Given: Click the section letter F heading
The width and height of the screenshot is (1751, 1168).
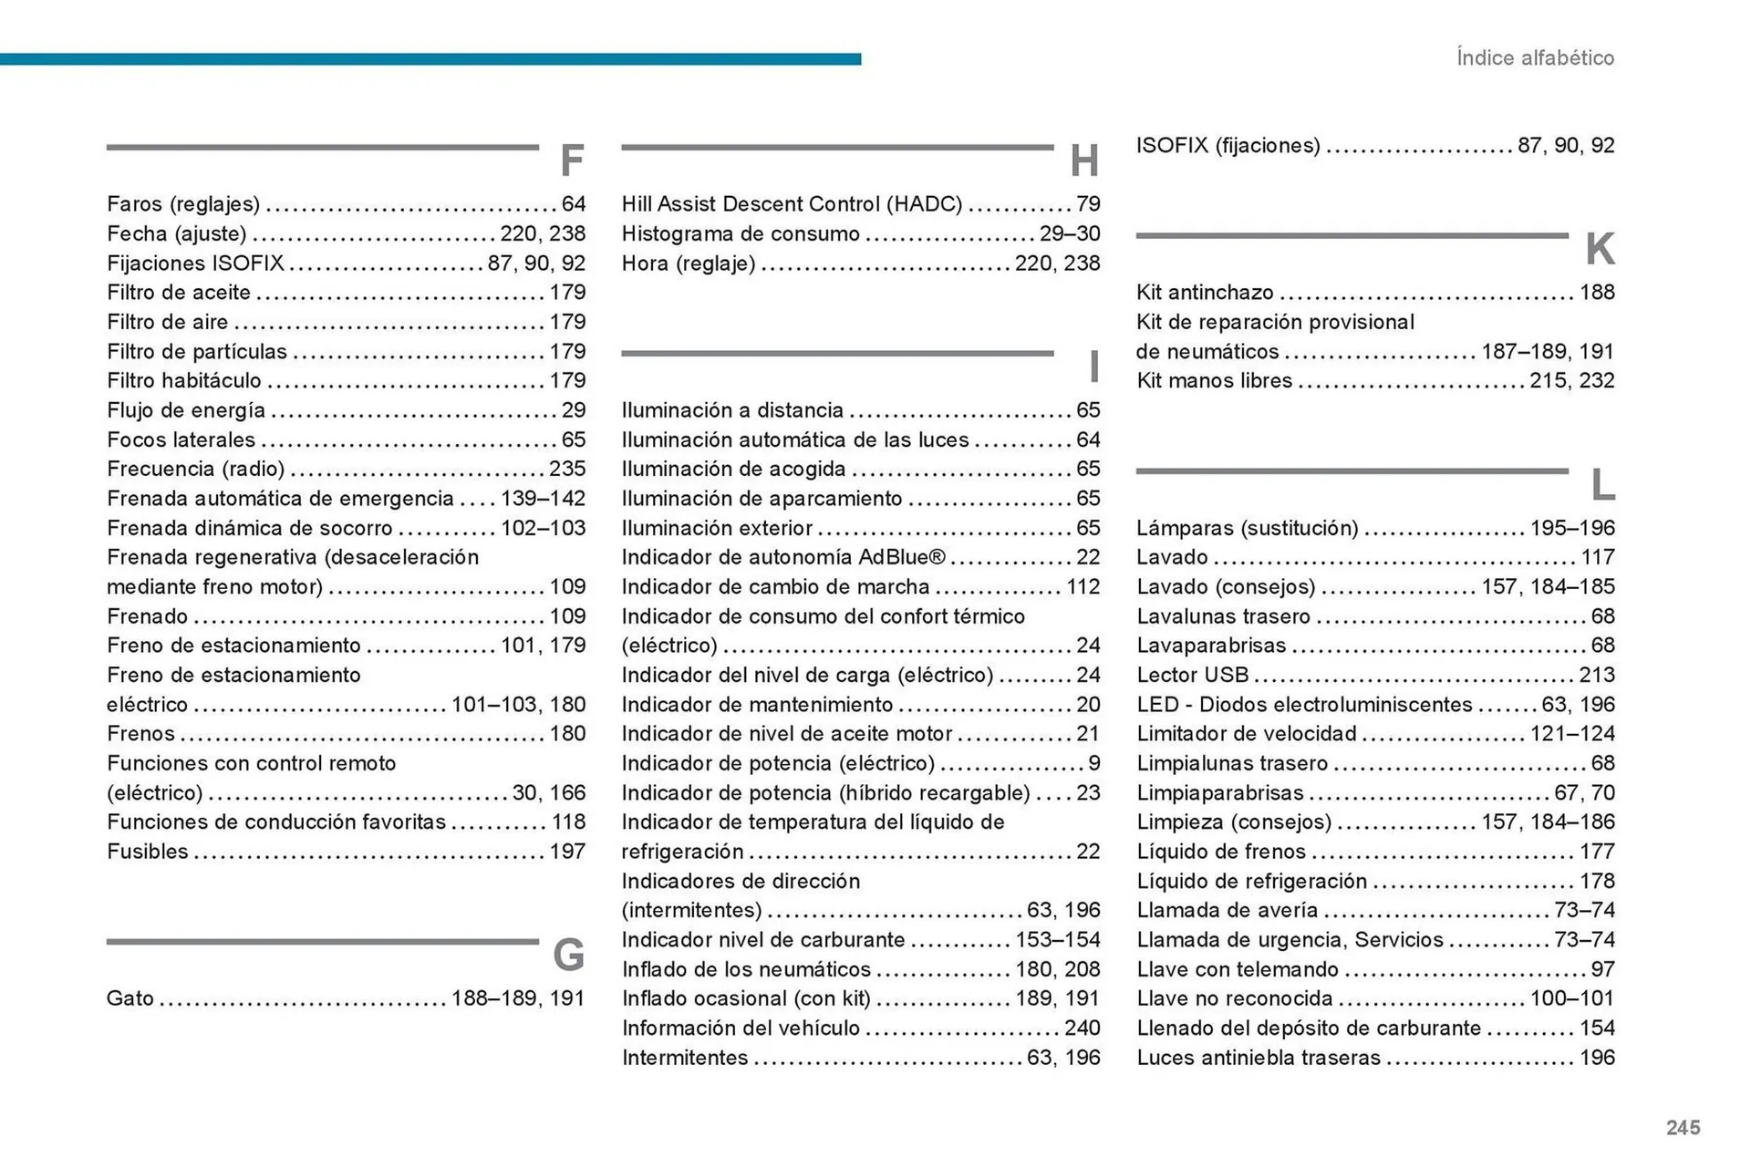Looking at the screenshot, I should [572, 161].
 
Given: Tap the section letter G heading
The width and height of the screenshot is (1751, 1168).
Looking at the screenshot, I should [568, 956].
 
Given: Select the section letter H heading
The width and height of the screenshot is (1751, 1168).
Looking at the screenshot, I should [1084, 161].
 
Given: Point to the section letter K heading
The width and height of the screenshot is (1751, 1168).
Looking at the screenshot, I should [1600, 250].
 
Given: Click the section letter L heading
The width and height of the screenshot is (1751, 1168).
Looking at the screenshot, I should [1602, 485].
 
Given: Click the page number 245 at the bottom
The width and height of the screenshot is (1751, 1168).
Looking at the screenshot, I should [1683, 1128].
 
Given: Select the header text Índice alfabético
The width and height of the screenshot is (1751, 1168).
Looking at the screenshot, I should [1535, 58].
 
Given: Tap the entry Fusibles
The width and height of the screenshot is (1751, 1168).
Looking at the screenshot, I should [148, 852].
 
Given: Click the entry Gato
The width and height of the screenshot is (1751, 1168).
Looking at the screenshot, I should [130, 998].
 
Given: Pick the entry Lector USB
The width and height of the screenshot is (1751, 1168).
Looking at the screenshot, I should [1192, 676].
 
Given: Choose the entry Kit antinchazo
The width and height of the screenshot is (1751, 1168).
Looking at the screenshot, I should [1205, 293].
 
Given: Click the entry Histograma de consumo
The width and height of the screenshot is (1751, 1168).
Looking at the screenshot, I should [741, 234].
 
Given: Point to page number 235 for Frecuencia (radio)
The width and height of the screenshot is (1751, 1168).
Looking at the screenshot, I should [567, 469].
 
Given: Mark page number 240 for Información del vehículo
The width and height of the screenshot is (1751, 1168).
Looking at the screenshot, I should [1083, 1028].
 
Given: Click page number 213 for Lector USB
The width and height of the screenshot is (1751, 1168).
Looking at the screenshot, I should [1597, 676].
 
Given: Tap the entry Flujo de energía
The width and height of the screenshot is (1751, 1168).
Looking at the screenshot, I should [186, 410].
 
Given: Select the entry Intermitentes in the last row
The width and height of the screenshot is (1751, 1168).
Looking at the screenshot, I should [685, 1058].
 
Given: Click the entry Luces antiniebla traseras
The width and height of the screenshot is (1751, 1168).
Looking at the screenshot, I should [1259, 1058].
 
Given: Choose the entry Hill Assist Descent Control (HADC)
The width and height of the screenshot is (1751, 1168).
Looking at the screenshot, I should [792, 204].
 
